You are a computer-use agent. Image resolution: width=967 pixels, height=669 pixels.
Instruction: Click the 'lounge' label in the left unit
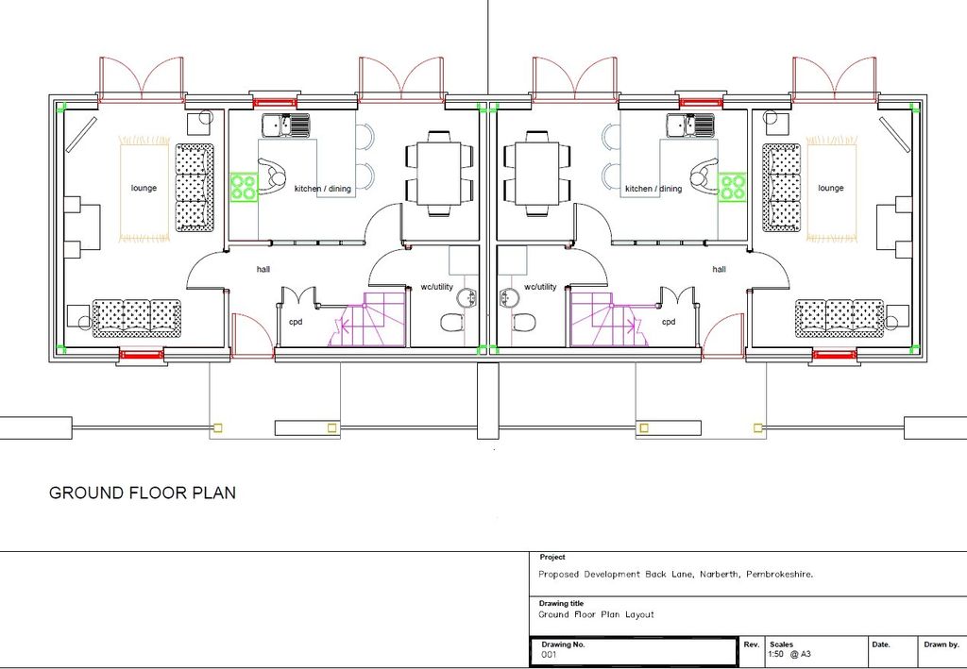(144, 188)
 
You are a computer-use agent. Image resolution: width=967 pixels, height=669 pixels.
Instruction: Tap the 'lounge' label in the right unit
(831, 188)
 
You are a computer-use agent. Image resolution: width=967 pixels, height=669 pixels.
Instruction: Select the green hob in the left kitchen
(245, 187)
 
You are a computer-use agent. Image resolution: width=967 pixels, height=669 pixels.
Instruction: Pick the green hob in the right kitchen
(732, 187)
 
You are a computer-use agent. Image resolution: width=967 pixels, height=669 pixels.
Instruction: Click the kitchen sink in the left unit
(285, 125)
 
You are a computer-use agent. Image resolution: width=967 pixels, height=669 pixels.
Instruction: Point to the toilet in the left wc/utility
(453, 322)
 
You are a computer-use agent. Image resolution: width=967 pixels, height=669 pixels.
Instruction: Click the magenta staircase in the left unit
(368, 320)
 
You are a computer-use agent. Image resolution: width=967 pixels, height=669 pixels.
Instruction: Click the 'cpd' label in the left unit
(296, 322)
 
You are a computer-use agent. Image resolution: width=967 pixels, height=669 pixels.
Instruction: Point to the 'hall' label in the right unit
(719, 269)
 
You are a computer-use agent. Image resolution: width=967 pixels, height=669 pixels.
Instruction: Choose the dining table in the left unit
(439, 174)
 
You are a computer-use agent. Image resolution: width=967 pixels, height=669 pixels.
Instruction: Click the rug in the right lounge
(831, 189)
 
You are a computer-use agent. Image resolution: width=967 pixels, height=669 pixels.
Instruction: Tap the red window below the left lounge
(142, 354)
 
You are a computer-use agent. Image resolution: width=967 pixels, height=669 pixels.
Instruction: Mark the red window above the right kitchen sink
(700, 102)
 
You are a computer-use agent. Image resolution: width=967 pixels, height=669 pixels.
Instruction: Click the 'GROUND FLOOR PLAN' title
(143, 493)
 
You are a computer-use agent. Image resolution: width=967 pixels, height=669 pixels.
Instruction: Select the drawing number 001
(549, 655)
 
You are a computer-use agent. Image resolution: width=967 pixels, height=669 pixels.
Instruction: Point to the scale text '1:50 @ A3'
(789, 654)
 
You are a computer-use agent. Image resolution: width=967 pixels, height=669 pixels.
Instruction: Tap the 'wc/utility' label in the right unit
(540, 287)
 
